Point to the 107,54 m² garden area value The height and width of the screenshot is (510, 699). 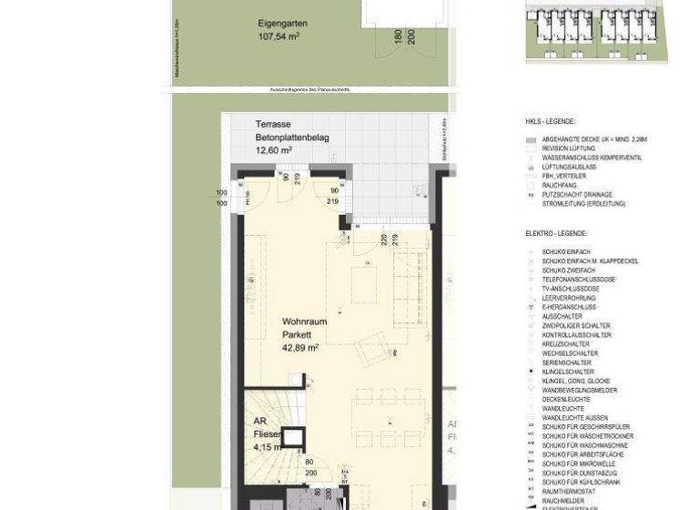279,37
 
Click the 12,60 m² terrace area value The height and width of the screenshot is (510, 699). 274,149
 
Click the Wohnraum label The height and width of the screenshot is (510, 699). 304,321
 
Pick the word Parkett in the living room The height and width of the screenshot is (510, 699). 297,334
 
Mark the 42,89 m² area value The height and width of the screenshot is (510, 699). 300,347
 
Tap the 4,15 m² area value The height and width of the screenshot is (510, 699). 265,447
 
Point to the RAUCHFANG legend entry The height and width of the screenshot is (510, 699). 560,186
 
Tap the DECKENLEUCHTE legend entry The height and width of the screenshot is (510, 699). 566,400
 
